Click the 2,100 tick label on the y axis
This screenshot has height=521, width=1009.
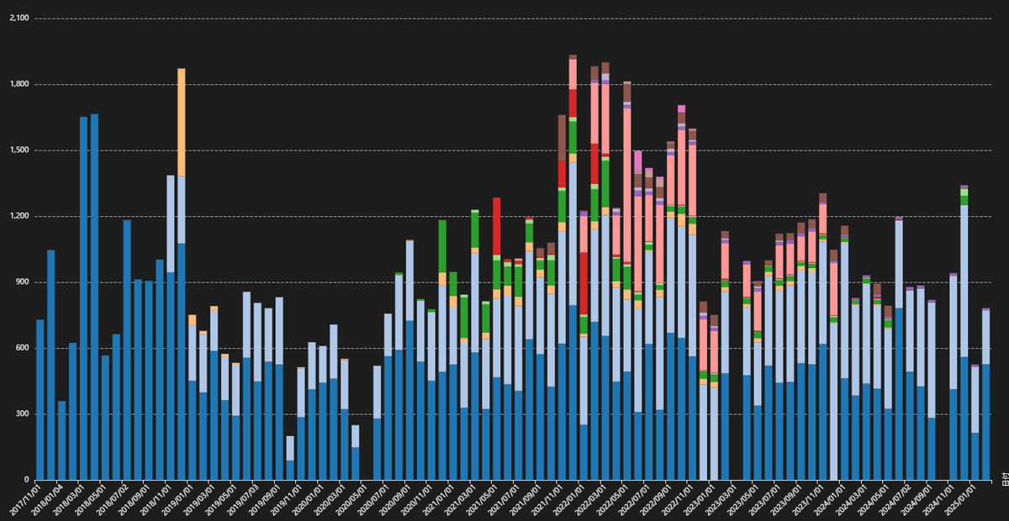point(18,18)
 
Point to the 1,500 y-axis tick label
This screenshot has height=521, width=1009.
point(18,150)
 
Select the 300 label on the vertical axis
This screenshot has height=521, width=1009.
point(22,413)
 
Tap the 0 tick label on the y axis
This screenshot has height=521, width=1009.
point(27,480)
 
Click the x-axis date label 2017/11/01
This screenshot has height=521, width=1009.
point(25,500)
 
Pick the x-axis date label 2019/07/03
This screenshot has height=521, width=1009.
point(242,500)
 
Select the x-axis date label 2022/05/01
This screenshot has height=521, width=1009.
point(612,500)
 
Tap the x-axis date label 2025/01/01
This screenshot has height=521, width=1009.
point(959,500)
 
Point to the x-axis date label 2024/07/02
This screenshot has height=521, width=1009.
point(894,500)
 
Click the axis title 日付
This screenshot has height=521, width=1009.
point(1005,479)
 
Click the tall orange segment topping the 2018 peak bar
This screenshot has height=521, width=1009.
point(182,123)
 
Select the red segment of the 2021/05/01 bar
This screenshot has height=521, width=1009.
point(496,226)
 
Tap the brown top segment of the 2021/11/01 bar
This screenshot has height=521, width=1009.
point(562,138)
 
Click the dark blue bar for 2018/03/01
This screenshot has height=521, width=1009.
point(83,298)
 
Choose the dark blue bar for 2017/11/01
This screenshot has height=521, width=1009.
point(40,399)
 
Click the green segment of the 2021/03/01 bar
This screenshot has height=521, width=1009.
point(475,229)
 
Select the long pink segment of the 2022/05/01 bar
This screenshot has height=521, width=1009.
point(627,185)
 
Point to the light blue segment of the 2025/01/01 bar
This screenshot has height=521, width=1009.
point(964,281)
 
